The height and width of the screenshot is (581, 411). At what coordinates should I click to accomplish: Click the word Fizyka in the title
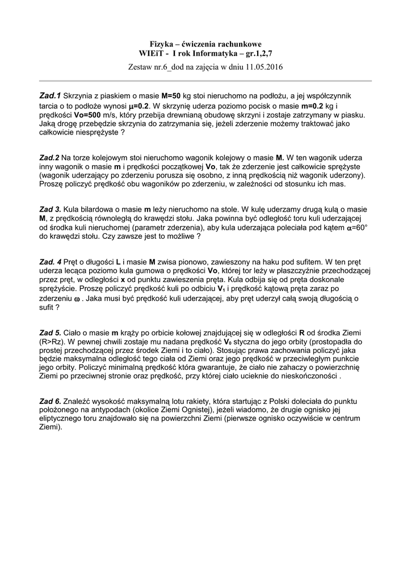(161, 44)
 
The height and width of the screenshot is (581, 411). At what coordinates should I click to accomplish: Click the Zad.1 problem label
(50, 96)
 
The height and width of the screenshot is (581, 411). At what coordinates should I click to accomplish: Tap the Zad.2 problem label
(49, 157)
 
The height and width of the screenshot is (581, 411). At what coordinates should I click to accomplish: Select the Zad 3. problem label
(50, 209)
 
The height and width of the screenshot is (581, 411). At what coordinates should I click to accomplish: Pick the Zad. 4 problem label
(51, 262)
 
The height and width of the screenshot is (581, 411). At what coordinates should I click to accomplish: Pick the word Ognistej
(237, 410)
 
